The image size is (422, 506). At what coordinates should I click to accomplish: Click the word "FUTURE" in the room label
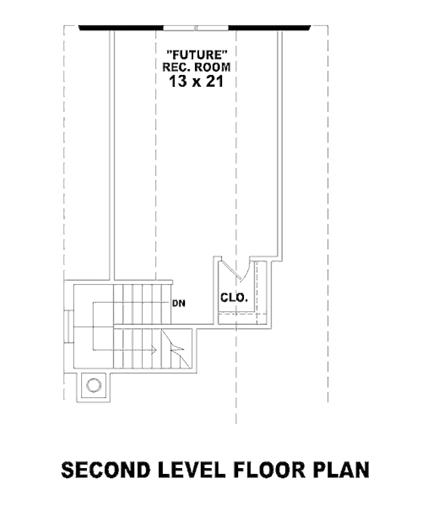pyautogui.click(x=196, y=55)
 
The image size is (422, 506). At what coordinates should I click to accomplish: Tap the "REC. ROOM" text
pyautogui.click(x=196, y=67)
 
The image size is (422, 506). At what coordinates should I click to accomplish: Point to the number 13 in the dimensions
pyautogui.click(x=178, y=81)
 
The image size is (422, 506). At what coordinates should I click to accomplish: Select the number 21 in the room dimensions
pyautogui.click(x=215, y=81)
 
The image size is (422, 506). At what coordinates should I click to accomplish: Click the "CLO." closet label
pyautogui.click(x=234, y=298)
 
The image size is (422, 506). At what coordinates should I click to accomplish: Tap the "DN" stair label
pyautogui.click(x=179, y=303)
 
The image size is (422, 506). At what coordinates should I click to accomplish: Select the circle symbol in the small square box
pyautogui.click(x=94, y=385)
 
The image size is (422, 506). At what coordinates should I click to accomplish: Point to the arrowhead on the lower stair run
pyautogui.click(x=154, y=350)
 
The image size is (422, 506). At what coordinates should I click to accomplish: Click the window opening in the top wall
pyautogui.click(x=196, y=28)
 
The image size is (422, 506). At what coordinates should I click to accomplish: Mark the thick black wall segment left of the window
pyautogui.click(x=121, y=28)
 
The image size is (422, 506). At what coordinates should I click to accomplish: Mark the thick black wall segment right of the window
pyautogui.click(x=270, y=28)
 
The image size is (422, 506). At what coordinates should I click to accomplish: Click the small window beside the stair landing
pyautogui.click(x=69, y=326)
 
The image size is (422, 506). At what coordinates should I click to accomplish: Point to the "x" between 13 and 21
pyautogui.click(x=197, y=83)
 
